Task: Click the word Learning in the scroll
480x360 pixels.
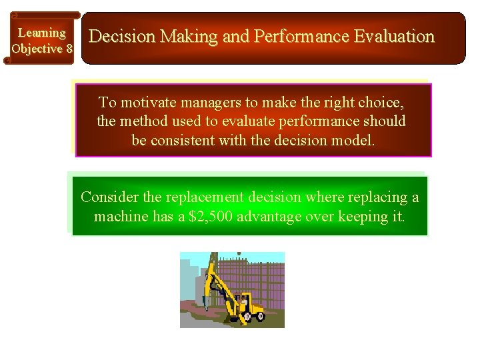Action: tap(41, 33)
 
